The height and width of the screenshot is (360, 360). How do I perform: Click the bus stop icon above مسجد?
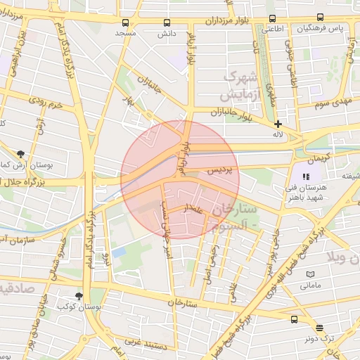click(x=126, y=22)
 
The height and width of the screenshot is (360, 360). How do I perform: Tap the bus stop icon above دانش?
click(x=167, y=22)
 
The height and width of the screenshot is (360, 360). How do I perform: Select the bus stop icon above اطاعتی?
click(x=271, y=19)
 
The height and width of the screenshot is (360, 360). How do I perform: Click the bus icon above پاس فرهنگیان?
click(x=320, y=18)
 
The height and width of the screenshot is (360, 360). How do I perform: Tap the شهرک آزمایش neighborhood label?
click(x=246, y=84)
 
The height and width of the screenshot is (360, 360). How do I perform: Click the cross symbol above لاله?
click(x=278, y=124)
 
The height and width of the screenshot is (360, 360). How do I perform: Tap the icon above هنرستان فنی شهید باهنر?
click(x=306, y=176)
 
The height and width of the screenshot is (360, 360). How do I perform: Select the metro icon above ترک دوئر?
click(x=320, y=328)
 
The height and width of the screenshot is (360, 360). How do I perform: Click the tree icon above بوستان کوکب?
click(x=79, y=297)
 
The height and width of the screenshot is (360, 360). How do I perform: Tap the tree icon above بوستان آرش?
click(x=20, y=153)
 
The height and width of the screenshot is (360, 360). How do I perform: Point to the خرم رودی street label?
click(x=46, y=105)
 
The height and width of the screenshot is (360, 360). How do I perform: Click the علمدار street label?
click(x=194, y=208)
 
